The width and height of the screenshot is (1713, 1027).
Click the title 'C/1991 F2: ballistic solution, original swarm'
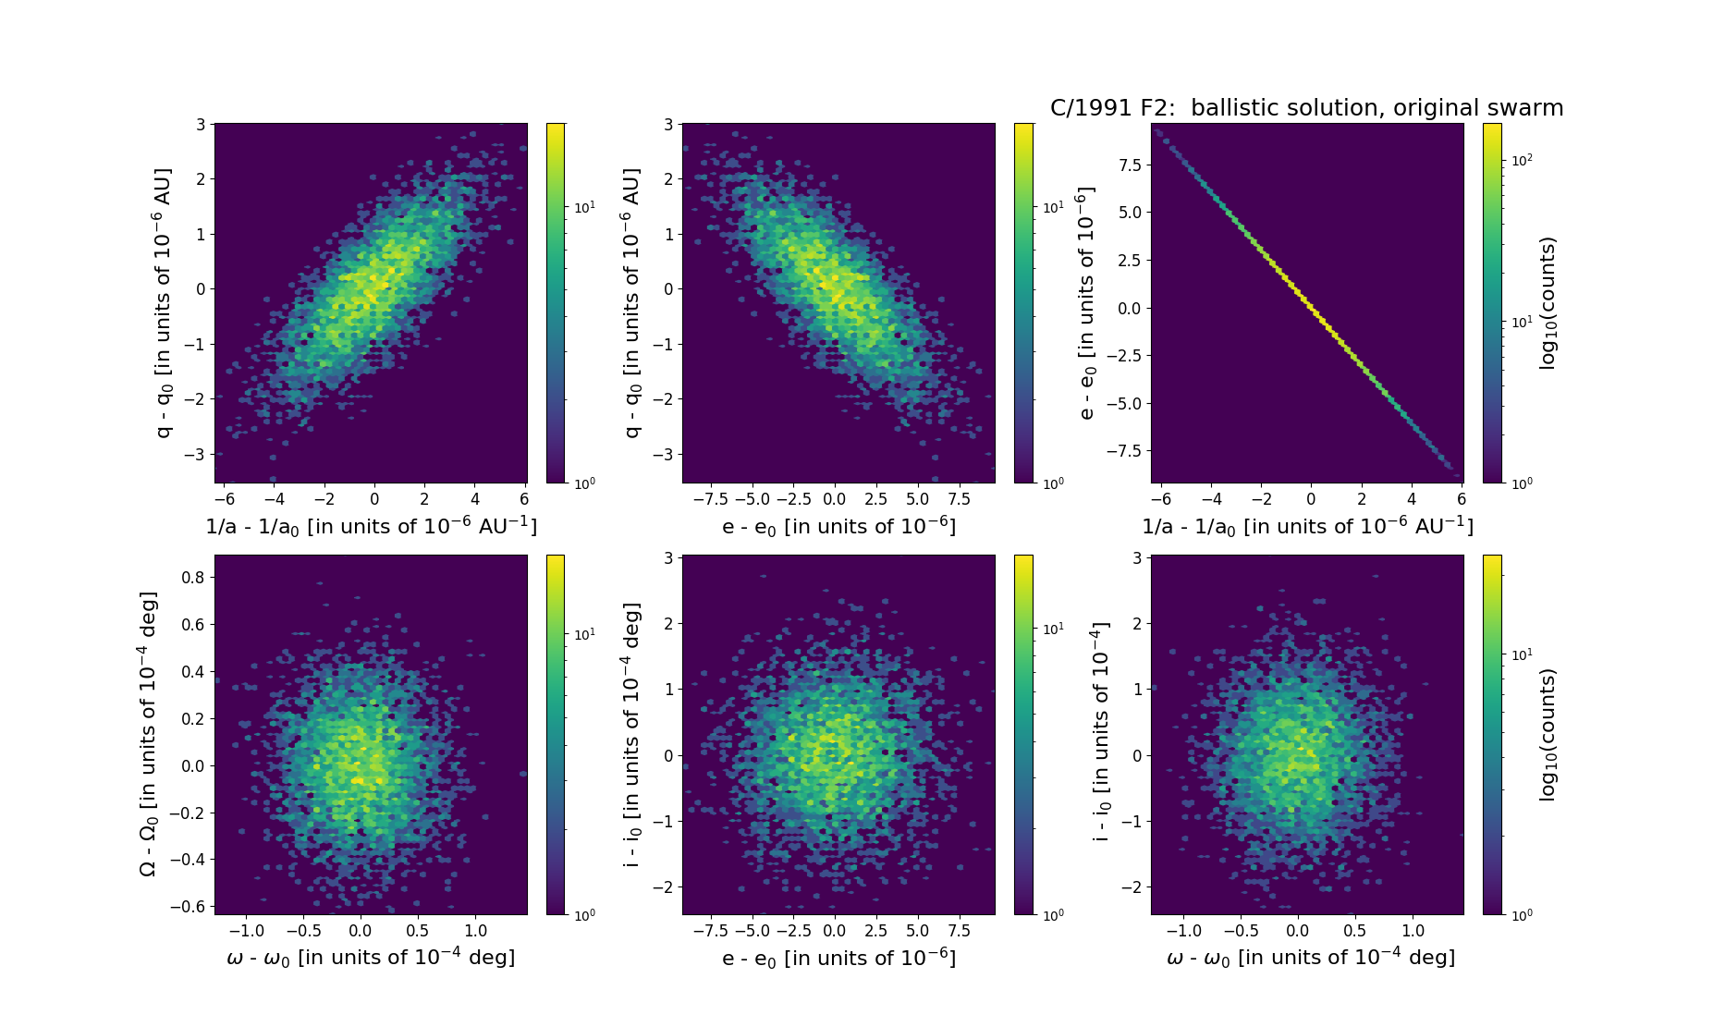[1306, 108]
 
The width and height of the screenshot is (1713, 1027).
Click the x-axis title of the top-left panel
[371, 527]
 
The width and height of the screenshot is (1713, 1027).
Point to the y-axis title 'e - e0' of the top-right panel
[1087, 303]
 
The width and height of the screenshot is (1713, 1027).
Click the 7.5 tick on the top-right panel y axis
[1128, 165]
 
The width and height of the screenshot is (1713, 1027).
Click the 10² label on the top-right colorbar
[1521, 160]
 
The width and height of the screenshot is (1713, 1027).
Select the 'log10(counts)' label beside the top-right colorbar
[1548, 303]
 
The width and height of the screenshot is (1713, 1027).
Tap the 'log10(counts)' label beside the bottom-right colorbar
[1548, 734]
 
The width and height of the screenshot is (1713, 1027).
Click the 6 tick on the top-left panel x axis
[524, 499]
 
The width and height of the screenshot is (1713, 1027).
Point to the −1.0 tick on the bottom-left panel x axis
[246, 930]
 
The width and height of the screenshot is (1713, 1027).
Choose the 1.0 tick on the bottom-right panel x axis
[1413, 930]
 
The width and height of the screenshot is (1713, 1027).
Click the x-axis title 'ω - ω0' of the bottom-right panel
[1310, 958]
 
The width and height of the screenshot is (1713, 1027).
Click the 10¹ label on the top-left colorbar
[584, 207]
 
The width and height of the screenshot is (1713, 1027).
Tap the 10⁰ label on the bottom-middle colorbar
[1052, 914]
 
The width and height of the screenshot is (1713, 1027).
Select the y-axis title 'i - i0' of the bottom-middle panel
[632, 734]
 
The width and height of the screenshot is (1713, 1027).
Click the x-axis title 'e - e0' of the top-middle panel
[838, 527]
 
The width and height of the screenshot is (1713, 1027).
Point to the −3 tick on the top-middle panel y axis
[662, 455]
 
